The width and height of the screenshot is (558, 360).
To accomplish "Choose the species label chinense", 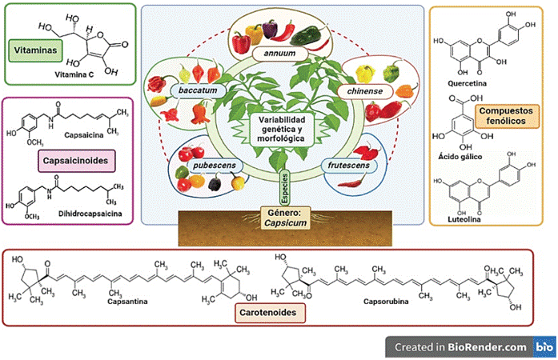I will pos(366,92).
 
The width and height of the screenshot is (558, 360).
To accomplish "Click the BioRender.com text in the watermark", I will pos(488,347).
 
